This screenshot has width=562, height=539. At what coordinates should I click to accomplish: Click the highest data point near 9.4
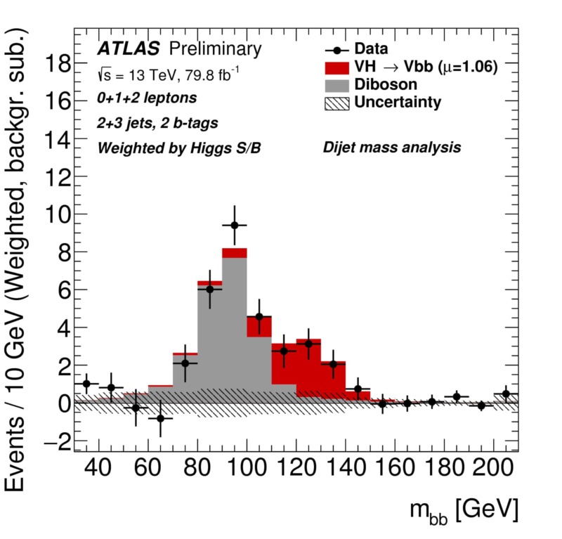click(x=235, y=225)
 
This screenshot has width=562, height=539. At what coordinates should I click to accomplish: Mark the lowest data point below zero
click(x=160, y=418)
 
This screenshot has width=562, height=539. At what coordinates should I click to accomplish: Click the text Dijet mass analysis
click(x=391, y=148)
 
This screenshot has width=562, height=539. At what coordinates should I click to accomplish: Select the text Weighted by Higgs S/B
click(x=179, y=148)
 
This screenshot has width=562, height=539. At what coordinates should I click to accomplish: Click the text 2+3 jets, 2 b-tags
click(x=157, y=123)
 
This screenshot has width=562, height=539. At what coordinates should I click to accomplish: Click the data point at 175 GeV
click(x=432, y=402)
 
